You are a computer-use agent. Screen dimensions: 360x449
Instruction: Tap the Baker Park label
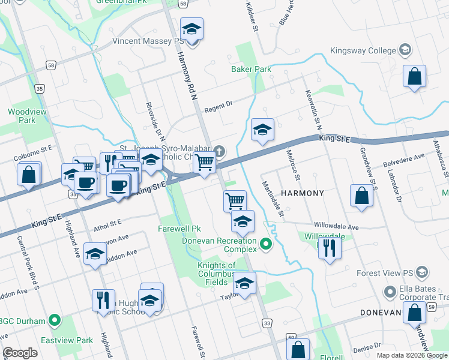pos(251,69)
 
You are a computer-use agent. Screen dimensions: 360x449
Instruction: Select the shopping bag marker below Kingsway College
pos(414,77)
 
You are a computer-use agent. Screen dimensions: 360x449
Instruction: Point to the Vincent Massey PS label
pos(148,41)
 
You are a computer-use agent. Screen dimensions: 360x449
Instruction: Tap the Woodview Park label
pos(22,116)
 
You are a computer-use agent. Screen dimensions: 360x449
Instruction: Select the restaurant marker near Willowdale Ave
pos(330,247)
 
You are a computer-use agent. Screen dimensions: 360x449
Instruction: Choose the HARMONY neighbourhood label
pos(303,193)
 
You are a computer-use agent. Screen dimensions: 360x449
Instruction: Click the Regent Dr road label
pos(218,107)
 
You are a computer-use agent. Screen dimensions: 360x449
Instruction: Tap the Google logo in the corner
pos(20,353)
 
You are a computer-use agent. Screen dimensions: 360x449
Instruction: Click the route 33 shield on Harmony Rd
pos(267,323)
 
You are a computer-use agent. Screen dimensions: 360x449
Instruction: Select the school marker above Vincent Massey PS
pos(192,29)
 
